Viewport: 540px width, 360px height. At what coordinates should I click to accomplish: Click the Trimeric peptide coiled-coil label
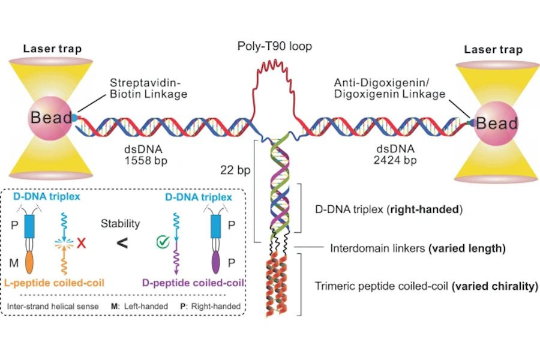[426, 286]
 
